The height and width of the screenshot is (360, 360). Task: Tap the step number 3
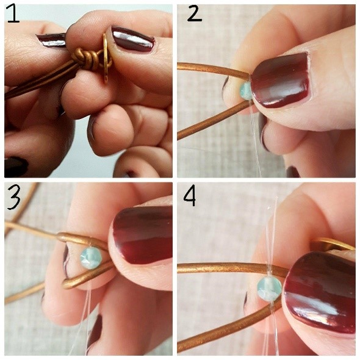pos(13,194)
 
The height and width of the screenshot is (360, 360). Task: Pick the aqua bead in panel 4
pos(268,287)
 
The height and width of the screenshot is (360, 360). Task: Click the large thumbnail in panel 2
pos(281,79)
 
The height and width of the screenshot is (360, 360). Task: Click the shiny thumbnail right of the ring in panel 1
pos(131,39)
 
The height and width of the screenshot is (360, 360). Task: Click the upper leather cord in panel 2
pos(204,67)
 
